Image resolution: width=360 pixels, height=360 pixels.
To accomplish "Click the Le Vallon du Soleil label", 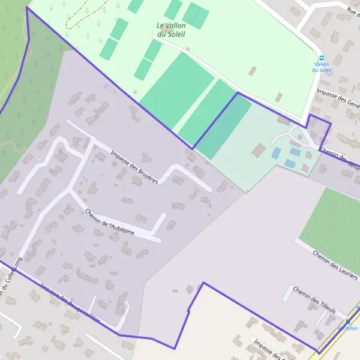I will coord(171,29).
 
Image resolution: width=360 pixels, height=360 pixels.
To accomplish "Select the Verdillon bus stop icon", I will coord(347,322).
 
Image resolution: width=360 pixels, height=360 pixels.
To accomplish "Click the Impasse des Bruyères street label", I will coord(134,166).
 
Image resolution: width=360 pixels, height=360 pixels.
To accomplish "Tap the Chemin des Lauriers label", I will coord(335,262).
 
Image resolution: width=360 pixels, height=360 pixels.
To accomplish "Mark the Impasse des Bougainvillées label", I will coord(69,302).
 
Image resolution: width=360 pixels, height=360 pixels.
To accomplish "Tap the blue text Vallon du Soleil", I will coord(321,67).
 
